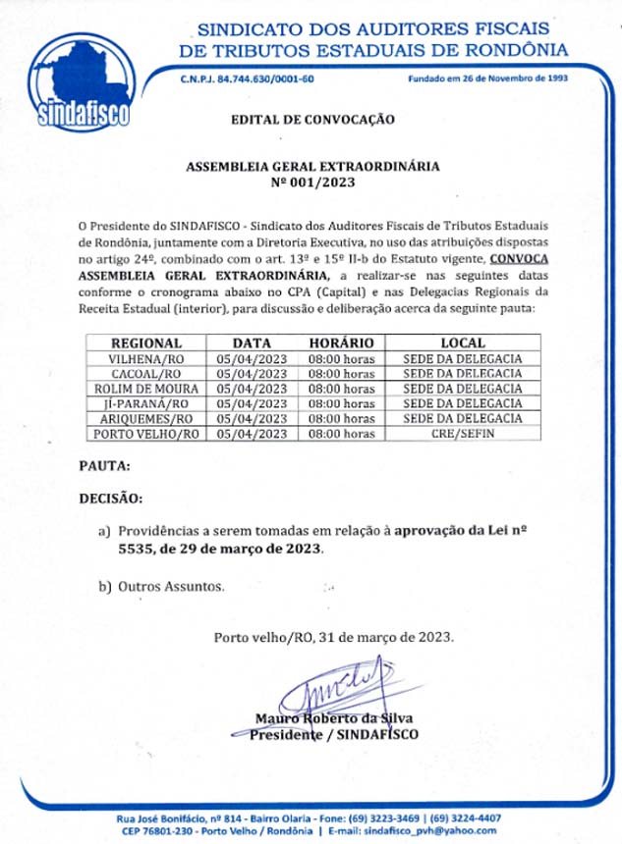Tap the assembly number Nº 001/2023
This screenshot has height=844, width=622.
pos(311,183)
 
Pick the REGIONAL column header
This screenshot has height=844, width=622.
pos(146,343)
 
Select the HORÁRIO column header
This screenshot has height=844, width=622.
pos(341,343)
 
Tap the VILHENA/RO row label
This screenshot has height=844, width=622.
pos(146,359)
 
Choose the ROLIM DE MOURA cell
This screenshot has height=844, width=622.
pos(146,389)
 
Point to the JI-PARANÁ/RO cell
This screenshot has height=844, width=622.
pos(146,403)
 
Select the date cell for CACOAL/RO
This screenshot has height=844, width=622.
pos(252,374)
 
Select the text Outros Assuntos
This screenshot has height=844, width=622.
pos(171,587)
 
